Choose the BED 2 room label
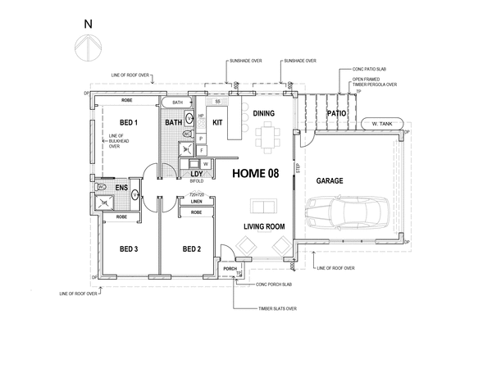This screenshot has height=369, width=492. (x=193, y=249)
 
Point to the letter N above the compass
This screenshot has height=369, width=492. (x=87, y=25)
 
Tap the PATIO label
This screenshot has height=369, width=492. (x=337, y=113)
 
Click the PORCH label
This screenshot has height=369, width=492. (x=230, y=268)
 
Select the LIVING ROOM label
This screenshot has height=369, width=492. (x=264, y=226)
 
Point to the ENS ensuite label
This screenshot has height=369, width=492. (x=122, y=189)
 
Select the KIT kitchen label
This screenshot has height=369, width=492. (x=217, y=122)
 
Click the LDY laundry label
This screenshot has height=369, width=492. (x=196, y=175)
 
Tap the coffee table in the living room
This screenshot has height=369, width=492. (x=263, y=206)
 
